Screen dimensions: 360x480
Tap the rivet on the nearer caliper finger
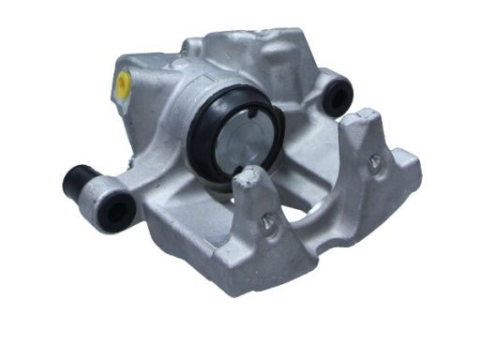coord(268,222)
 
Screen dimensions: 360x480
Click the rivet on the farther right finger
coord(374,160)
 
